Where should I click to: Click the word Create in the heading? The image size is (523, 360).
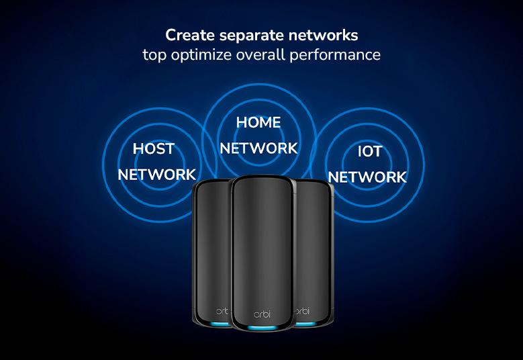187,34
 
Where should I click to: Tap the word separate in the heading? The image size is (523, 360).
248,34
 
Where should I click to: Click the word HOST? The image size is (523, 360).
154,148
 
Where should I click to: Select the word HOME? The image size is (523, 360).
258,122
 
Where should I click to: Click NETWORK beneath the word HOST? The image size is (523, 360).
156,175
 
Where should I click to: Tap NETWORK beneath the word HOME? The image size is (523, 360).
258,148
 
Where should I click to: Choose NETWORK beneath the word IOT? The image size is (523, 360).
367,177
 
